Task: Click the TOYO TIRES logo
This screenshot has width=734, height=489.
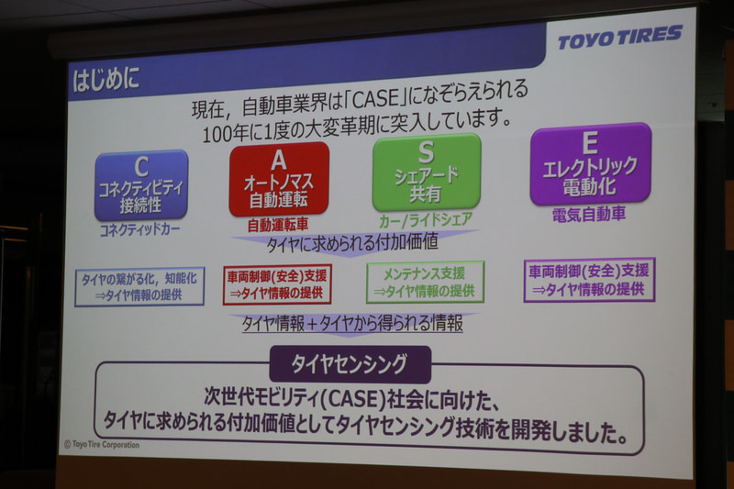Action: (x=620, y=38)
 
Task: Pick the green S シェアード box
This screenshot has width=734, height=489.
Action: (x=426, y=172)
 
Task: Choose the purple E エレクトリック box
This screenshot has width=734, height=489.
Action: (x=590, y=163)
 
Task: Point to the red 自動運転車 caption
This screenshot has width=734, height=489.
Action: (x=278, y=225)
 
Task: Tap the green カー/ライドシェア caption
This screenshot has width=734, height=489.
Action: (x=426, y=220)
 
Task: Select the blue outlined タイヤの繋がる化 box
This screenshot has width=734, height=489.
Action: (x=139, y=286)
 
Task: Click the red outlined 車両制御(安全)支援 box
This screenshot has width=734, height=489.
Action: (x=277, y=283)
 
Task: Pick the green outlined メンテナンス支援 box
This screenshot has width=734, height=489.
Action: (x=425, y=282)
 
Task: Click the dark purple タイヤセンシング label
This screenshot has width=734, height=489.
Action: (x=350, y=364)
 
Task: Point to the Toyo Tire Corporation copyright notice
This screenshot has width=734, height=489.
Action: (x=102, y=444)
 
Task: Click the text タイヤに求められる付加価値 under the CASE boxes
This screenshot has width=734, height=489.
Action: (x=351, y=244)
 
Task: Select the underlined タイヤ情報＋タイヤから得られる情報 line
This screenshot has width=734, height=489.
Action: (x=352, y=323)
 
